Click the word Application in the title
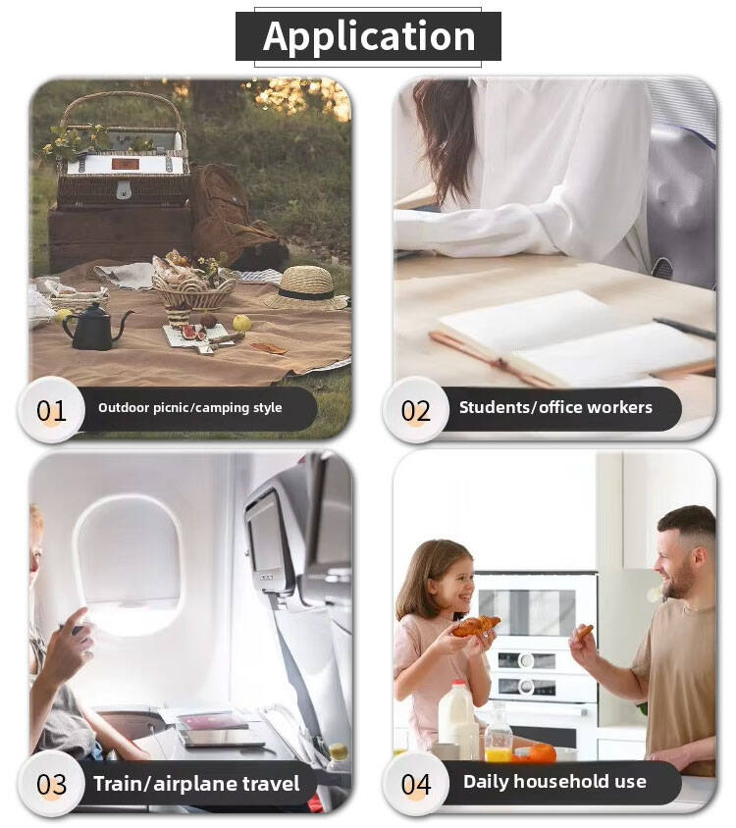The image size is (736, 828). pyautogui.click(x=369, y=37)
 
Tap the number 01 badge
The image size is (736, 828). pyautogui.click(x=51, y=410)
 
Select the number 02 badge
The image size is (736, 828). pyautogui.click(x=416, y=410)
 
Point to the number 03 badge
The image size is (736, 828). pyautogui.click(x=51, y=784)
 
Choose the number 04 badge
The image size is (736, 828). pyautogui.click(x=416, y=784)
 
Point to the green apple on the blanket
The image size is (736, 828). pyautogui.click(x=241, y=323)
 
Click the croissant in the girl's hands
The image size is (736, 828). pyautogui.click(x=476, y=626)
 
